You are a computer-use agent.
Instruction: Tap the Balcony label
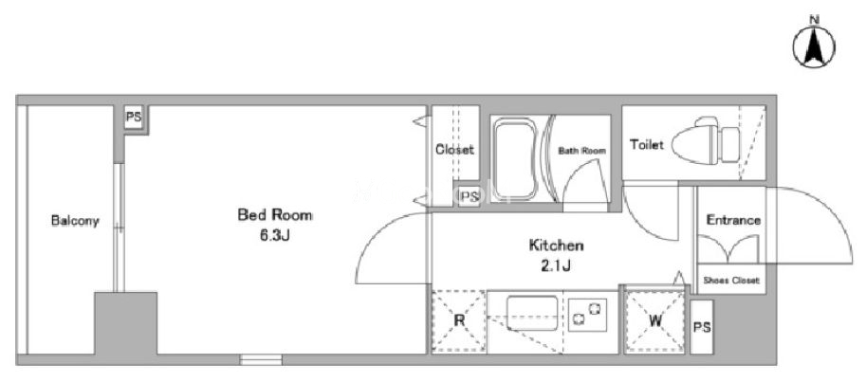75,221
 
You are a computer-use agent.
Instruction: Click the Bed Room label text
274,215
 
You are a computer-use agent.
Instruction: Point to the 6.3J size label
274,236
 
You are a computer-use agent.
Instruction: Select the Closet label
454,150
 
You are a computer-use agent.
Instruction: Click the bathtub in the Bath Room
515,160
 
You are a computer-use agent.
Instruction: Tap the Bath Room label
581,150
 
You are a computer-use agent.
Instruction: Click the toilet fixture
707,143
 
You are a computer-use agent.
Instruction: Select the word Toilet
647,145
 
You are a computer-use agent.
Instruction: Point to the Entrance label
733,220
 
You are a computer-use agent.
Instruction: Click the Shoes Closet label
731,281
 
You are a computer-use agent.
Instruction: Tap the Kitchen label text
556,245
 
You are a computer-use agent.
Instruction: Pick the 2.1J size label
556,266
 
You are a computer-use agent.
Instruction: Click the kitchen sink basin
532,313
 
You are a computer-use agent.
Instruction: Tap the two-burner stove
588,315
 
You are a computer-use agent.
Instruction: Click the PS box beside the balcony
134,118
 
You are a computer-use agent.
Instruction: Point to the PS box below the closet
470,196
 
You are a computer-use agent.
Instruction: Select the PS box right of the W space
702,327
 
